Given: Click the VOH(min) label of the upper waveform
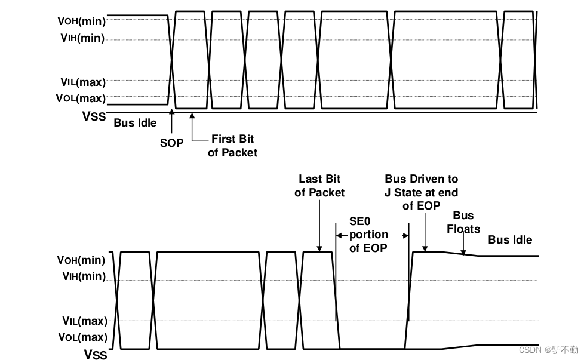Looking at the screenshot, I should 81,21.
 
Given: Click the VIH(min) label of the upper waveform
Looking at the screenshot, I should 82,38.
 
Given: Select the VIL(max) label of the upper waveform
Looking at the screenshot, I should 82,81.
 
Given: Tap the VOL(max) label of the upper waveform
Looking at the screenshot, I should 81,98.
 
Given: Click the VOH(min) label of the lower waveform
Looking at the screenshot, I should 81,260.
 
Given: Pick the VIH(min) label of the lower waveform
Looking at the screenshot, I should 82,276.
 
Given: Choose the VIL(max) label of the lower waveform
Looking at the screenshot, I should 82,321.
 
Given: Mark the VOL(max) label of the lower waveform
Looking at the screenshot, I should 81,337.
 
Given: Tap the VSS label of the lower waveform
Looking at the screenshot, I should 95,355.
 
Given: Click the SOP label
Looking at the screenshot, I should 171,143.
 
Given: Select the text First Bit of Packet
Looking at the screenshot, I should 232,146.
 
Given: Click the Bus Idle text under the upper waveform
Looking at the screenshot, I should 135,123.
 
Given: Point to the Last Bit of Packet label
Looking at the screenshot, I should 319,186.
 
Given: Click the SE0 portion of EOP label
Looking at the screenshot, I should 368,234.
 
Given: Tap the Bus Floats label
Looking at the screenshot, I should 463,222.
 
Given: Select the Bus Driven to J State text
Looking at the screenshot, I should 422,192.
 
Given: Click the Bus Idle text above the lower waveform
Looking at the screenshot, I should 510,240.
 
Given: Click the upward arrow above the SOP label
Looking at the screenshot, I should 171,122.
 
